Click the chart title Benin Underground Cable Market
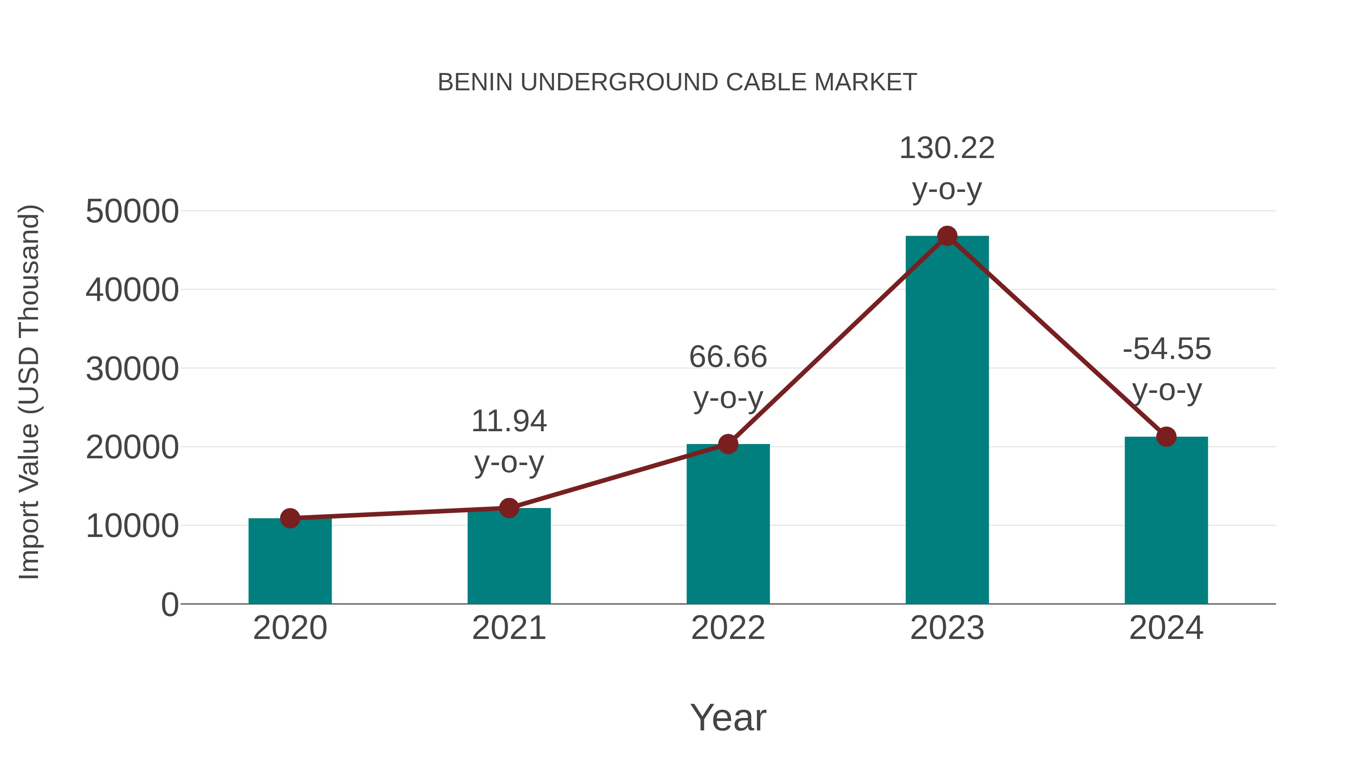coord(677,82)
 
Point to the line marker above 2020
coord(290,519)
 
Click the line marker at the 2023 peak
coord(947,236)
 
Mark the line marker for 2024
coord(1166,437)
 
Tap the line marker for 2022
coord(728,444)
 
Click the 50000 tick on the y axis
coord(132,211)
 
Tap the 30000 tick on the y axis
coord(132,369)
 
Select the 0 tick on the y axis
coord(170,604)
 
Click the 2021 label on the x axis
coord(509,628)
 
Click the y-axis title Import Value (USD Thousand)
coord(29,392)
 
